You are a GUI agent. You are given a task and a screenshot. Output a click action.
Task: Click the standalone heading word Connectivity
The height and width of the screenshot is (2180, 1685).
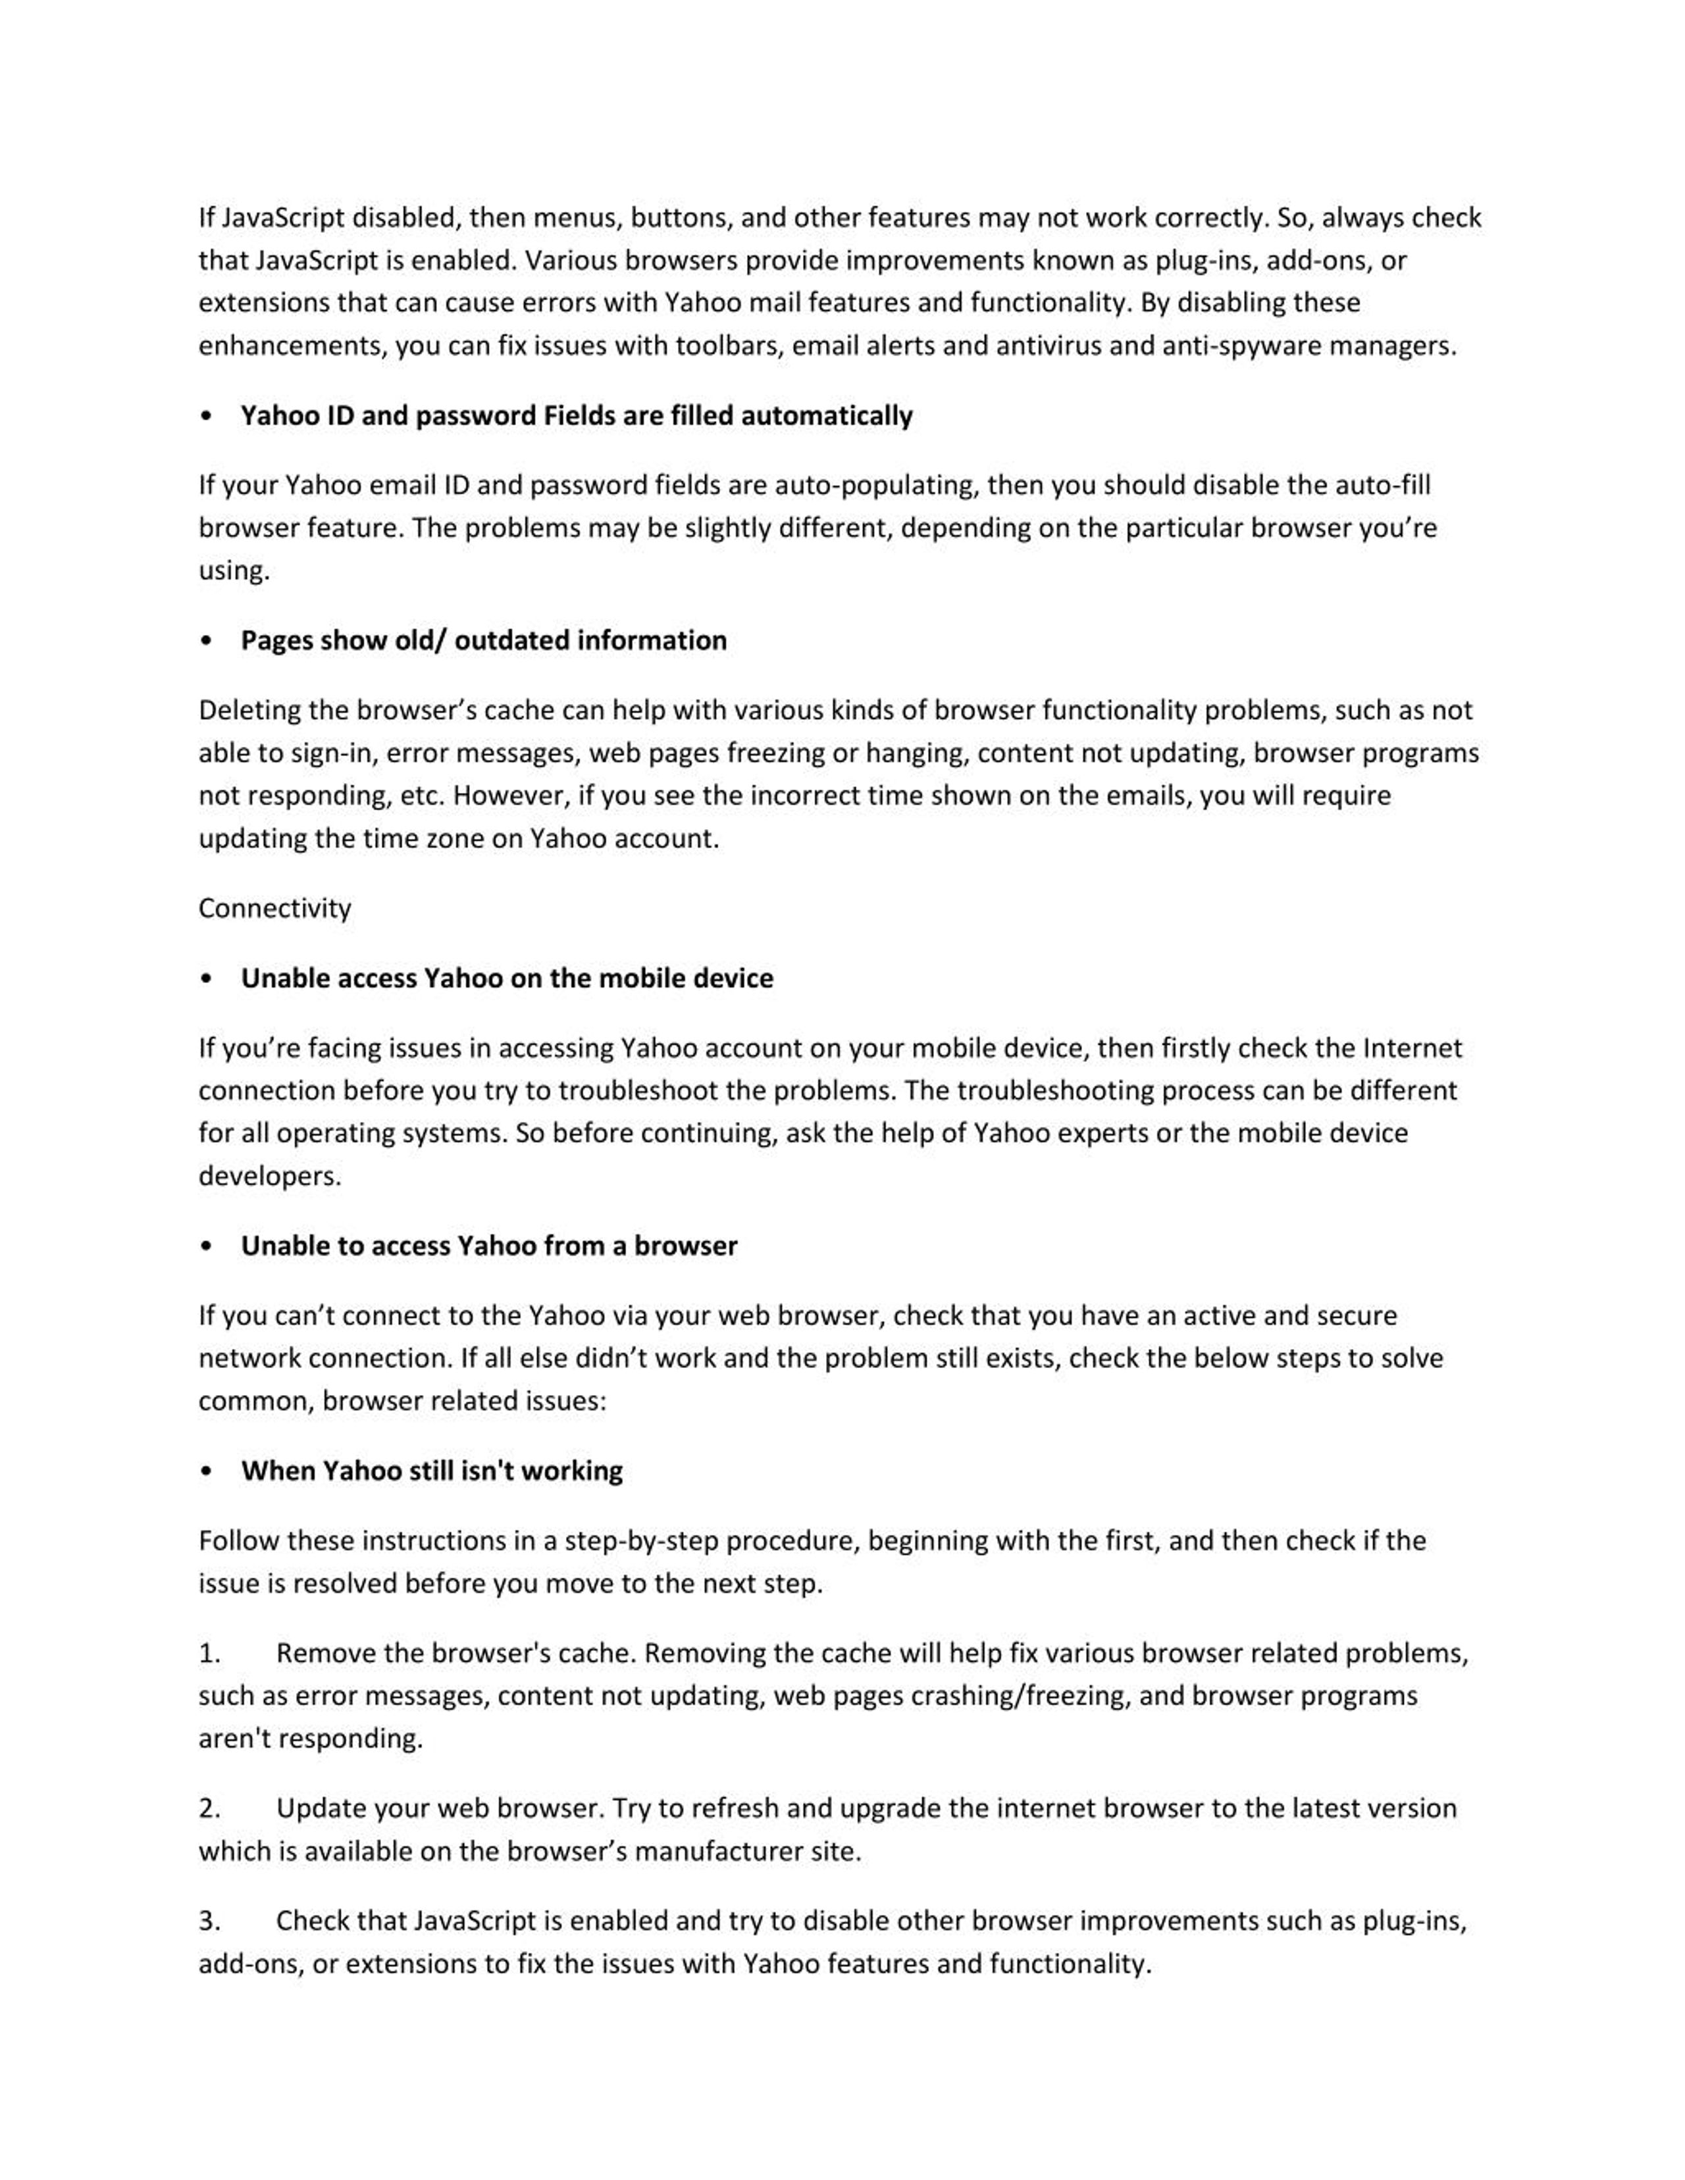274,908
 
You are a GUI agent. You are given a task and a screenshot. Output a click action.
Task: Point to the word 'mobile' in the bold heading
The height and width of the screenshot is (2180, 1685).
640,978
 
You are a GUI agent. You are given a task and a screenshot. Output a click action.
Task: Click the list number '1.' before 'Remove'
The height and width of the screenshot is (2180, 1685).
209,1654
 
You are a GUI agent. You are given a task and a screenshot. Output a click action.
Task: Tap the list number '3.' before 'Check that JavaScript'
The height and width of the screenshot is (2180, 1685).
209,1921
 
